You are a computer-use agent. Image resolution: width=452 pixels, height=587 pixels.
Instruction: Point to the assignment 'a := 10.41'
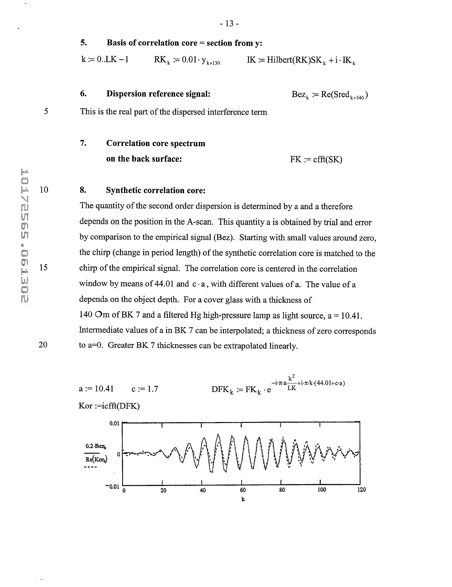(96, 389)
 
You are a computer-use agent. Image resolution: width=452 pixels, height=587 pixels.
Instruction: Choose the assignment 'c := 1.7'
(145, 389)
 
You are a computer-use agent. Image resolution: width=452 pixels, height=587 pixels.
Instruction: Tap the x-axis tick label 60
(242, 490)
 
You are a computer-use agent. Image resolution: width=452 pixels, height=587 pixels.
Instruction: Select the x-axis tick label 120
(361, 490)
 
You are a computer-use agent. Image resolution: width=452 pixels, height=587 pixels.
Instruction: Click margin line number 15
(44, 267)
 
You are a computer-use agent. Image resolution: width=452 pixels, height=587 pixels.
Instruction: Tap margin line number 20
(43, 345)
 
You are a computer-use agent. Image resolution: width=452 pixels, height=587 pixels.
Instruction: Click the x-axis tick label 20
(163, 490)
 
